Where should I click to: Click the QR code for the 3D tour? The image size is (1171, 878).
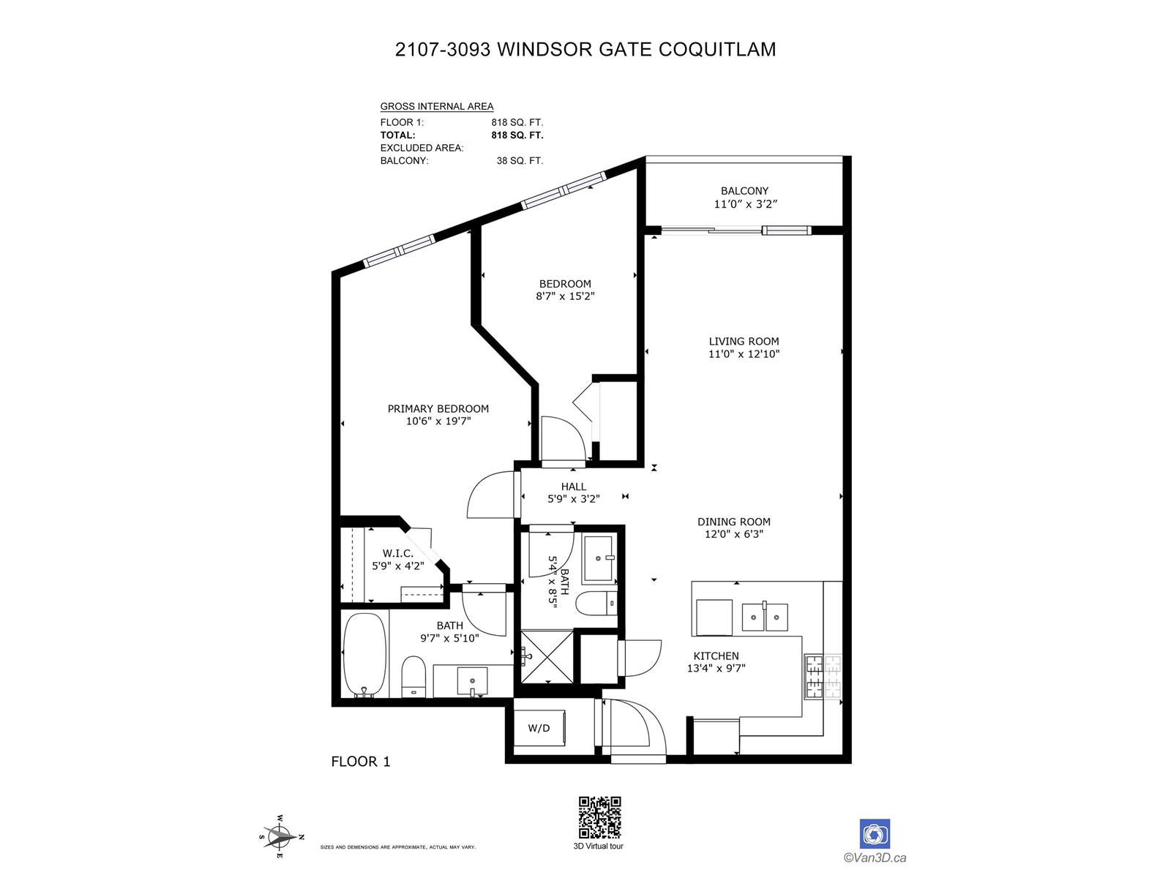coord(599,817)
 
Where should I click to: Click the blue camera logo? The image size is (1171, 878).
coord(875,834)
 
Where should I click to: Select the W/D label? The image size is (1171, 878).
coord(539,728)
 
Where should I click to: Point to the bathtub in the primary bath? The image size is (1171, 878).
coord(364,655)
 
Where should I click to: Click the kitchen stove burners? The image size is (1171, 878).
coord(823,677)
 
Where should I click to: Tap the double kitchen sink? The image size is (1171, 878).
coord(765,618)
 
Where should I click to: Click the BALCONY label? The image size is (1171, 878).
coord(745,191)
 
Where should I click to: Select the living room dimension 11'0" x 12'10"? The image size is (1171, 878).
coord(744,354)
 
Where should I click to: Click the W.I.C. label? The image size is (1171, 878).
coord(398,553)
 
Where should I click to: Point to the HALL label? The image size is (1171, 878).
coord(574,486)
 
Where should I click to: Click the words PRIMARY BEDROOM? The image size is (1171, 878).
coord(438,409)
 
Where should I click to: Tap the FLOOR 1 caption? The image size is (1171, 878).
coord(361,761)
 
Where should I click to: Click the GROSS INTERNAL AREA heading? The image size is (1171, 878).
coord(437,107)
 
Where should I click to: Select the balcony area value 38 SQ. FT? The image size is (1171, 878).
coord(520,160)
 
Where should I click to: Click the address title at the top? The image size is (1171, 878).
coord(585,49)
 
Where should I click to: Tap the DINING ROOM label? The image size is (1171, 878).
coord(734,522)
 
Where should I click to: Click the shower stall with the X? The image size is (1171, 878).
coord(547,657)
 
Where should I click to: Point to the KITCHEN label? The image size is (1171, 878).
coord(716,656)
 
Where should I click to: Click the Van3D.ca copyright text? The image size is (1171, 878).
coord(875,858)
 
